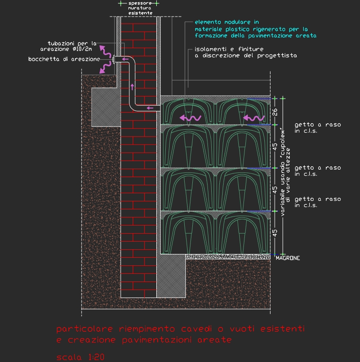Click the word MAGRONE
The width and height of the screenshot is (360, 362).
288,258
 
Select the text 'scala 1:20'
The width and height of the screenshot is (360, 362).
80,357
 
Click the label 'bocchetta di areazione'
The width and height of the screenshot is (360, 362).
64,59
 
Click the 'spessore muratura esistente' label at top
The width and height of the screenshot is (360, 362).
140,8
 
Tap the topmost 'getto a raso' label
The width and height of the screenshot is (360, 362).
317,127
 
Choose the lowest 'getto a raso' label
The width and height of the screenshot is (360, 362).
317,202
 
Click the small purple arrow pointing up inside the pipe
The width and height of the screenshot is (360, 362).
132,87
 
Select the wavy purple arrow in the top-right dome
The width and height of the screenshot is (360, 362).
253,118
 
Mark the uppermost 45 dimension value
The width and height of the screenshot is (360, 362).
275,146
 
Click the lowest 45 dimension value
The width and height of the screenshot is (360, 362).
275,233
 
